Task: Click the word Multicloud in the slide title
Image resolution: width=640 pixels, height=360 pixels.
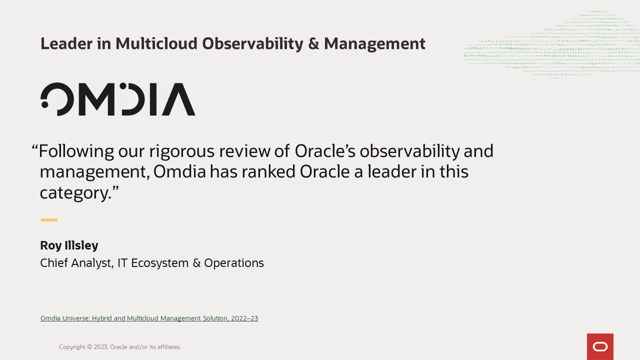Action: click(156, 43)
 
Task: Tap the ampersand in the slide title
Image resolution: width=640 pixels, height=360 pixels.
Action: click(313, 43)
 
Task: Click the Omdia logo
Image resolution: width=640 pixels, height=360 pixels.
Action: click(118, 99)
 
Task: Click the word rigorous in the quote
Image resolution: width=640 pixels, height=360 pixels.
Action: click(181, 151)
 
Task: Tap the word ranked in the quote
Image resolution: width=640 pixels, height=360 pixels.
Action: click(268, 171)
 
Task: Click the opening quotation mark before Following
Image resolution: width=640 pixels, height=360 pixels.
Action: click(35, 148)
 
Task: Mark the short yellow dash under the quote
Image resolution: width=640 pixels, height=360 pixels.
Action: click(49, 220)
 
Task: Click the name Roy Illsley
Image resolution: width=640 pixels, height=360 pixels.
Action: click(69, 245)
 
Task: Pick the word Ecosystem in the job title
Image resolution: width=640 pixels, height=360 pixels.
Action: click(159, 263)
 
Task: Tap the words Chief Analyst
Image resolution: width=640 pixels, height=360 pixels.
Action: click(77, 263)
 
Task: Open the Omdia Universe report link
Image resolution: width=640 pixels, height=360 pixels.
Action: click(149, 318)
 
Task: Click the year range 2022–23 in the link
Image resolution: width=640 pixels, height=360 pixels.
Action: click(244, 318)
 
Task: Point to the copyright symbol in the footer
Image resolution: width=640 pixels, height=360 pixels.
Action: click(89, 347)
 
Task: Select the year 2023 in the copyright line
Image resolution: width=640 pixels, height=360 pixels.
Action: click(101, 347)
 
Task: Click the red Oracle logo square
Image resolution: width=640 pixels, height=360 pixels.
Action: click(600, 346)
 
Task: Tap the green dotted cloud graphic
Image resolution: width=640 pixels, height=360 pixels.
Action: click(551, 45)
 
